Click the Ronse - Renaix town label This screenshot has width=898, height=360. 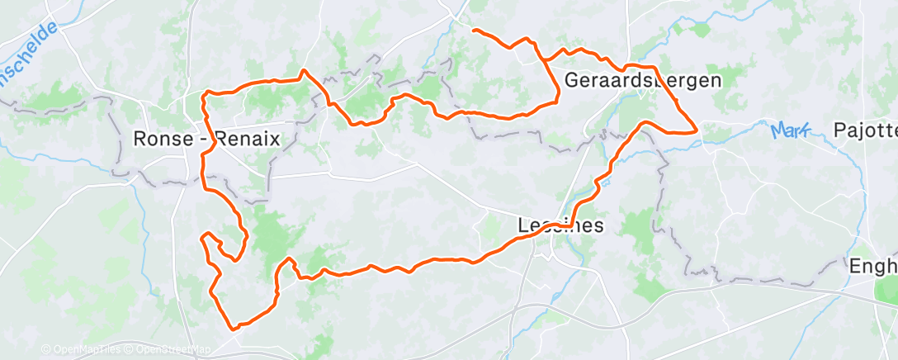(206, 140)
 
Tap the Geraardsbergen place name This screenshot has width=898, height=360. (643, 81)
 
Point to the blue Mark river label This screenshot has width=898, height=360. (790, 130)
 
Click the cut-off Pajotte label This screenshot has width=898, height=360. (864, 130)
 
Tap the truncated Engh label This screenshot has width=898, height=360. (872, 267)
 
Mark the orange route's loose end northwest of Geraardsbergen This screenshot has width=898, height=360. (474, 30)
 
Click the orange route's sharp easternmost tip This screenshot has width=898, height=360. (697, 130)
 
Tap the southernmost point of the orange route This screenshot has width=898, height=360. (234, 328)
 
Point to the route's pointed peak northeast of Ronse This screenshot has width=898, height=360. (305, 71)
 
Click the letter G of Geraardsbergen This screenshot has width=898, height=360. (571, 81)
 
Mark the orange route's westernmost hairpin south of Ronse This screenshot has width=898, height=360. (203, 238)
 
